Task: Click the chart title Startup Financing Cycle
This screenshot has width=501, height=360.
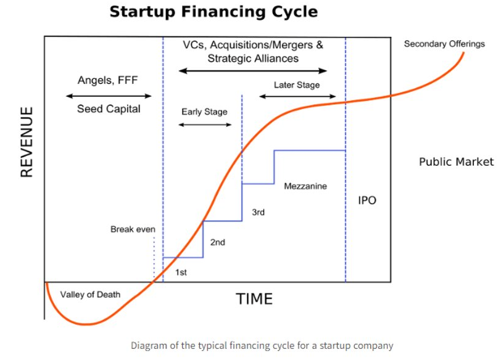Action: (213, 12)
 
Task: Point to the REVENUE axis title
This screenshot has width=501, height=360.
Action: (27, 142)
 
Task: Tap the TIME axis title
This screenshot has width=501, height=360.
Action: (254, 299)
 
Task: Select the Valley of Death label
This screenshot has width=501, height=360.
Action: (91, 295)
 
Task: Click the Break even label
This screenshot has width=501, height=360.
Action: (133, 229)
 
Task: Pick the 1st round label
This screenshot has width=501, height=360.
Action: (181, 272)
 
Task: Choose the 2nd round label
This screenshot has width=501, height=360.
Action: (218, 242)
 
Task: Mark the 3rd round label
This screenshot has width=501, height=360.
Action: (258, 212)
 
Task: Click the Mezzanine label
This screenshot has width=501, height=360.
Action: (305, 186)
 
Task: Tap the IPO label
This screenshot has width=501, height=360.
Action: (367, 200)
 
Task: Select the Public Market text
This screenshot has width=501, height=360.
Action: (457, 162)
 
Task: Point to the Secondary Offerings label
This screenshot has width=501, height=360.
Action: (444, 44)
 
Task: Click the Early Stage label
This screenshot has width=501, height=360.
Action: (204, 112)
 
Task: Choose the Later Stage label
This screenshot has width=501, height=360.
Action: (297, 85)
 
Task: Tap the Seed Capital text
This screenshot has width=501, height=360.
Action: (109, 109)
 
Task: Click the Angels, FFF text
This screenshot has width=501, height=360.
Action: (108, 80)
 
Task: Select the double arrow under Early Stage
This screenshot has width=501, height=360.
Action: (205, 125)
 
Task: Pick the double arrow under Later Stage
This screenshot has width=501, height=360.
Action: (297, 96)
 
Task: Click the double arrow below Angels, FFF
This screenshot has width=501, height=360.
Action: (109, 96)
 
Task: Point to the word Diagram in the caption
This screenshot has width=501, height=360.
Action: (149, 346)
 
